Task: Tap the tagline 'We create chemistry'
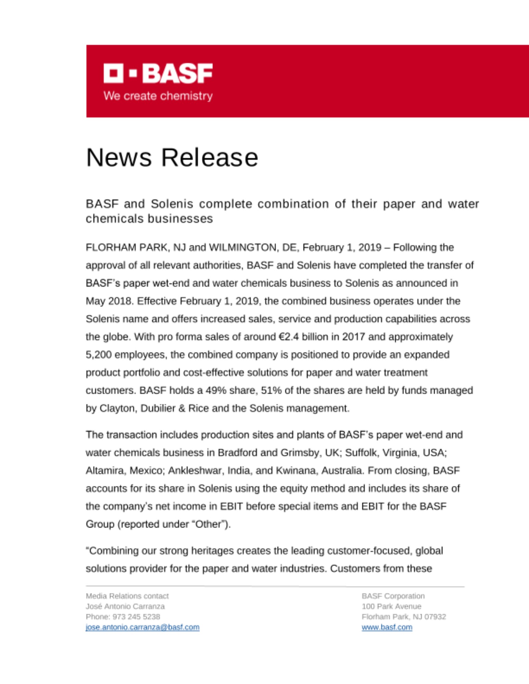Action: [x=158, y=96]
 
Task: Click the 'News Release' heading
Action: [x=172, y=158]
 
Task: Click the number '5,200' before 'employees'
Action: [x=99, y=355]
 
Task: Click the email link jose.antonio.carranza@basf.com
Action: [x=142, y=627]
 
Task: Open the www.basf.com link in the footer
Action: [x=387, y=627]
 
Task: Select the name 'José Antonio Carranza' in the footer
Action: [x=125, y=606]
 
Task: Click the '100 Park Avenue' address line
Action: [x=391, y=606]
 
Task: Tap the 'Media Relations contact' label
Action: [x=127, y=596]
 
